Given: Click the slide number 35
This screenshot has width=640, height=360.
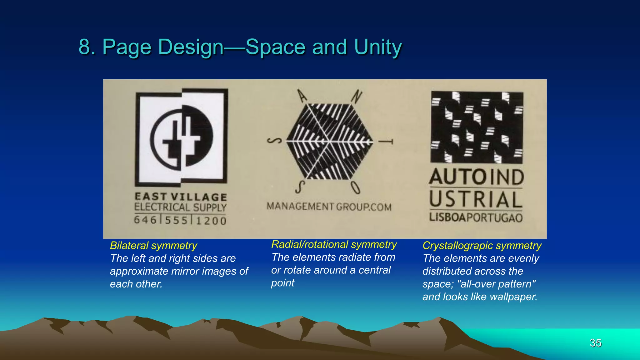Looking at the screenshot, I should click(x=595, y=343).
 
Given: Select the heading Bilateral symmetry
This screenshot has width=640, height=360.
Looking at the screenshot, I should click(x=153, y=246).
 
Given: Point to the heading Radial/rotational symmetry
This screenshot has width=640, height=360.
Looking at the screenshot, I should click(x=334, y=244).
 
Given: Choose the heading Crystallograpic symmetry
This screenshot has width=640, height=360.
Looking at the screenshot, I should click(x=482, y=246).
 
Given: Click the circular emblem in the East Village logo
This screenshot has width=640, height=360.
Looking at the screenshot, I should click(x=182, y=138).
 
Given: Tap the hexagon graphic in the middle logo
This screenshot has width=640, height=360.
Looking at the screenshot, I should click(x=330, y=142).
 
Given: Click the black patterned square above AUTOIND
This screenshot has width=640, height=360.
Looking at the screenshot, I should click(x=477, y=127).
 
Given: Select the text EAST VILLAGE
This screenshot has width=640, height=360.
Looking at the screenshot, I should click(x=181, y=197).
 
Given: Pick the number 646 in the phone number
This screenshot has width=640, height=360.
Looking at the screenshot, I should click(x=145, y=220).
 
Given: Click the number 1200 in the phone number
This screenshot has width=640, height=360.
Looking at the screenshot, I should click(x=211, y=221).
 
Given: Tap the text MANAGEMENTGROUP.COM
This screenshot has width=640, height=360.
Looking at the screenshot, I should click(x=329, y=207).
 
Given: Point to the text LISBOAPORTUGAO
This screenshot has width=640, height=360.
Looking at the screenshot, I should click(x=476, y=217).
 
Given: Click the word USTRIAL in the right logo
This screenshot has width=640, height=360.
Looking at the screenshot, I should click(x=476, y=199).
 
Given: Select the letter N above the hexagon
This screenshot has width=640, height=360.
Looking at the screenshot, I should click(x=356, y=97).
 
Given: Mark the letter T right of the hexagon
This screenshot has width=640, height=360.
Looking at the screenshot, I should click(x=386, y=142).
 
